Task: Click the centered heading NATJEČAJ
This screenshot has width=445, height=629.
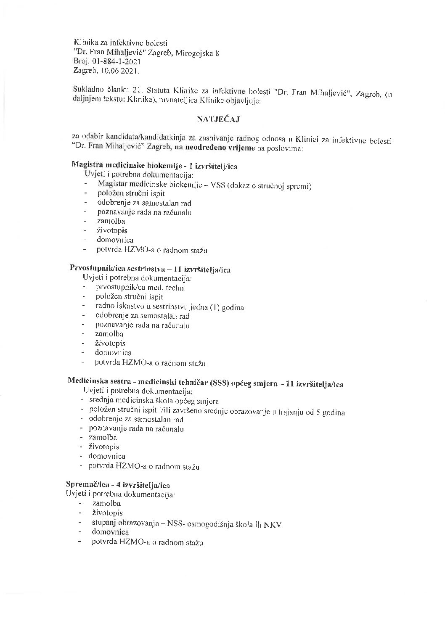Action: coord(218,120)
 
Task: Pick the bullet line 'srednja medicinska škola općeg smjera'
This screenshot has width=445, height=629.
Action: coord(154,401)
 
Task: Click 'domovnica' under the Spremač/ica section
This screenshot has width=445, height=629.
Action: coord(110,533)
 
